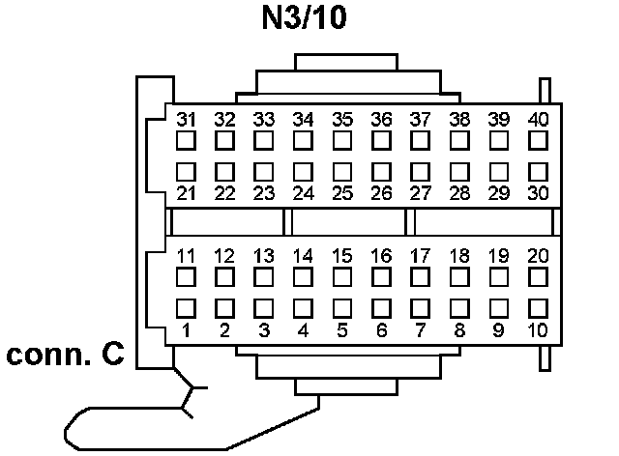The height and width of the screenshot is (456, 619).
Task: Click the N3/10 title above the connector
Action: point(308,19)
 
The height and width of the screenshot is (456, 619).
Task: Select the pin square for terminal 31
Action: point(186,140)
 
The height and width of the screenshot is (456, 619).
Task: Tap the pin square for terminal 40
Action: point(539,140)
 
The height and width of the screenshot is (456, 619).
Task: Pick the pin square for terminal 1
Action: point(186,308)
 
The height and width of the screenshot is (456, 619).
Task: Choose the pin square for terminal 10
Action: point(539,308)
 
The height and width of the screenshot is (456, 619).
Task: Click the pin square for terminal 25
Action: point(342,172)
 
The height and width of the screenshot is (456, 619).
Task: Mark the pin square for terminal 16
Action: point(382,277)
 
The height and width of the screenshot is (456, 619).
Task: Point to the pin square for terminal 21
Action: point(186,172)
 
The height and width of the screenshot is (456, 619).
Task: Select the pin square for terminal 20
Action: point(539,277)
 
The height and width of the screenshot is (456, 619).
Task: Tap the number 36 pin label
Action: point(381,120)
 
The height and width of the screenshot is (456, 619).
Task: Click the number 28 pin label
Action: point(459,193)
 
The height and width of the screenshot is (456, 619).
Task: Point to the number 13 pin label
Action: point(263,257)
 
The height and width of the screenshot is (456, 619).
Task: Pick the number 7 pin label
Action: point(420,330)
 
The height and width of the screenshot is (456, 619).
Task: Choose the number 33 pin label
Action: point(263,120)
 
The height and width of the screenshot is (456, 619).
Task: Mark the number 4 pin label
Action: point(303,330)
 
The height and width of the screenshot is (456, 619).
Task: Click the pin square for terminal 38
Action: point(460,140)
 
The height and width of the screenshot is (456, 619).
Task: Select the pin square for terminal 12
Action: point(224,277)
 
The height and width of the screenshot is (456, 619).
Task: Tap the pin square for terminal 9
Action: point(499,308)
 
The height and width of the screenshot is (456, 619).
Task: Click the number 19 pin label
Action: point(498,257)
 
